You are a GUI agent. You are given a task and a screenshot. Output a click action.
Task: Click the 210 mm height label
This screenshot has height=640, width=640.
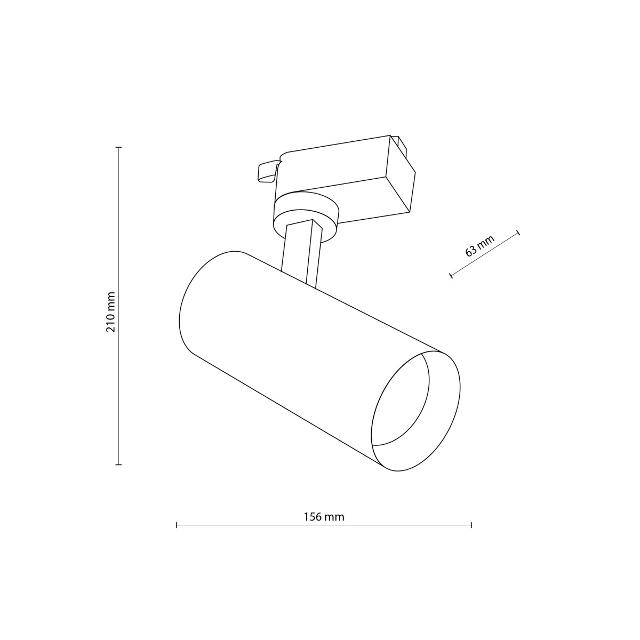[x=110, y=312]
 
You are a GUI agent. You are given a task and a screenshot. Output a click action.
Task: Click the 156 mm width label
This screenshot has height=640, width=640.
[x=324, y=517]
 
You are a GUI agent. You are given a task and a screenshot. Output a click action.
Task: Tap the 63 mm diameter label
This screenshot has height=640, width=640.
[x=480, y=246]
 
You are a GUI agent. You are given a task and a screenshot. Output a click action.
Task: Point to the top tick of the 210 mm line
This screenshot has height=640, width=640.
[x=119, y=147]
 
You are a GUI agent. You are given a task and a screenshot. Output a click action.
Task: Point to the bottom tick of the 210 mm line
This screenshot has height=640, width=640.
[x=119, y=465]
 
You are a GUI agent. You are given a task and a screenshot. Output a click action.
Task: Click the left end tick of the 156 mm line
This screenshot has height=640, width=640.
[x=177, y=525]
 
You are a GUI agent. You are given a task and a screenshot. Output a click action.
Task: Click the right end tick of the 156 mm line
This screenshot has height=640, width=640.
[x=471, y=525]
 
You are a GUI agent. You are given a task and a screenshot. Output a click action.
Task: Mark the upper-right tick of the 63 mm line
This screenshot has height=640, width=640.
[x=518, y=233]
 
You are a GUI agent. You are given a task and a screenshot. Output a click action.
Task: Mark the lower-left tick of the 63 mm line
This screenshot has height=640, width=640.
[x=451, y=276]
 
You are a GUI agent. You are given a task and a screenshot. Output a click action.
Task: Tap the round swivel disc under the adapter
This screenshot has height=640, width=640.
[x=306, y=213]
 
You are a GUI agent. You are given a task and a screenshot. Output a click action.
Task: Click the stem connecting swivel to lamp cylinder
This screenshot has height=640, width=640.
[x=301, y=253]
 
